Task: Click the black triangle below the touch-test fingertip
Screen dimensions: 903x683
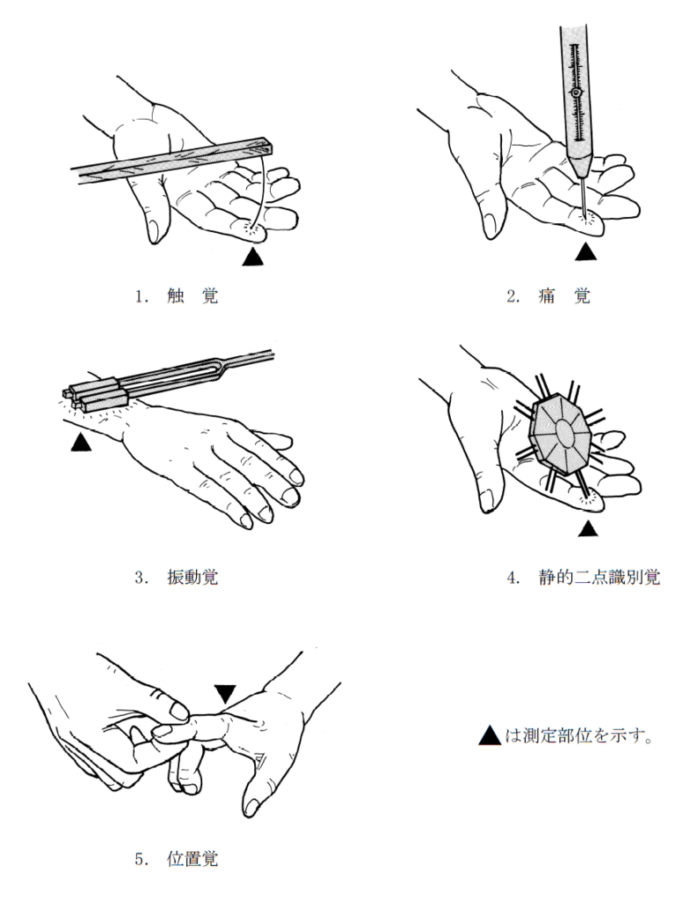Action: point(251,257)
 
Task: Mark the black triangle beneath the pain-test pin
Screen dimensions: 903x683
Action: point(585,252)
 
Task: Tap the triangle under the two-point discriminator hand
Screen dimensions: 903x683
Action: point(588,528)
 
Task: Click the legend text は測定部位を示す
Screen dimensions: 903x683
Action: point(579,735)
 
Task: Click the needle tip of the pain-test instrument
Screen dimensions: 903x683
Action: point(585,213)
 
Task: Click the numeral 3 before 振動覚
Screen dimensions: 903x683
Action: point(139,578)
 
